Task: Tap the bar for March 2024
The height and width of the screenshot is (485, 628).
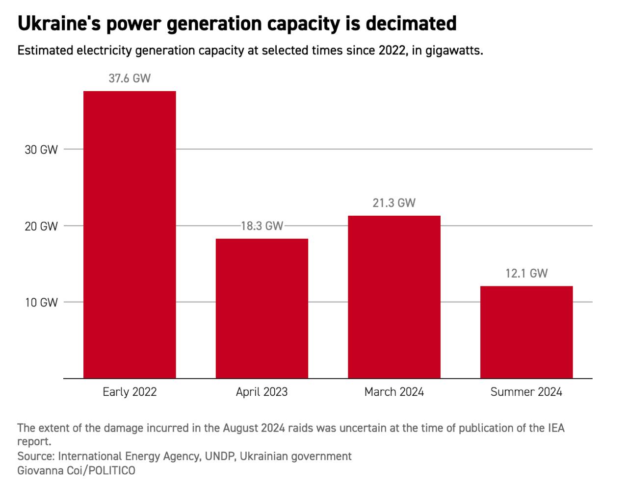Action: tap(394, 297)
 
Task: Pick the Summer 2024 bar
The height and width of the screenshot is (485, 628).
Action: tap(526, 332)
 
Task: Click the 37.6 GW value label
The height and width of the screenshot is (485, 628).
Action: tap(130, 78)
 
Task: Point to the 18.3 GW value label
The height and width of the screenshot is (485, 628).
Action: tap(262, 226)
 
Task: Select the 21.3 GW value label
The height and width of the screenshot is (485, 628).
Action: tap(394, 203)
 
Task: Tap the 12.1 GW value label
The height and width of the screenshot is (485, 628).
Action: tap(526, 273)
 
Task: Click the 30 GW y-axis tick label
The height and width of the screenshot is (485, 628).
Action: tap(41, 150)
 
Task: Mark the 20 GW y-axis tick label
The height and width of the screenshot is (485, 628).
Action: tap(41, 227)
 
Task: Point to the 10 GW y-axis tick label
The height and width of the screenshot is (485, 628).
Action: tap(41, 303)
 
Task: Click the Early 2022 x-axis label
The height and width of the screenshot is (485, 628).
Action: tap(130, 392)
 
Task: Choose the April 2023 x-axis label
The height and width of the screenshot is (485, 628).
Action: tap(262, 392)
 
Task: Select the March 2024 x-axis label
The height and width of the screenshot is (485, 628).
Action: tap(394, 392)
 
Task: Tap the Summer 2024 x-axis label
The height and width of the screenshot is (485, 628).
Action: tap(526, 392)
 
